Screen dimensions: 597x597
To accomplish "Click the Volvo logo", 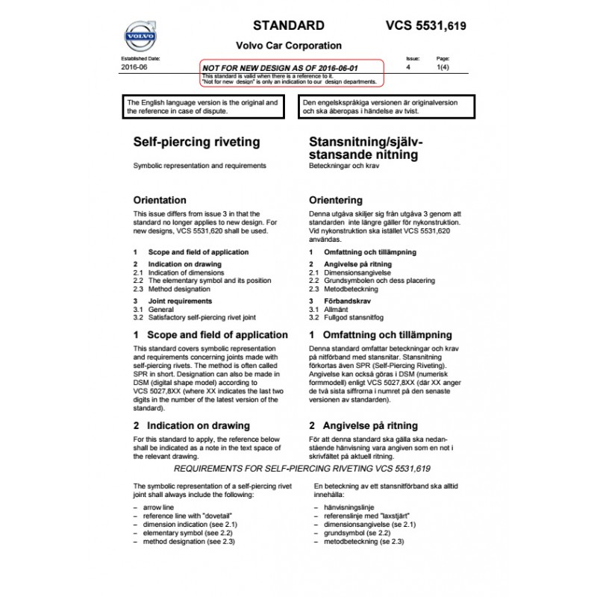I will (140, 36).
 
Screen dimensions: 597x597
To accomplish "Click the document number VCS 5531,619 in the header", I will (425, 25).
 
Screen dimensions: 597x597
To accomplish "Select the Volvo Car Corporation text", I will (288, 46).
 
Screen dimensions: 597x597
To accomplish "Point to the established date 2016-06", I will (134, 67).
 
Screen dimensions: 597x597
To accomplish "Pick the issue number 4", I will (408, 67).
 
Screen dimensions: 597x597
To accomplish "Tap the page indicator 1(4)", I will (443, 67).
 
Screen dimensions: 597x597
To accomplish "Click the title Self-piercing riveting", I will (196, 141).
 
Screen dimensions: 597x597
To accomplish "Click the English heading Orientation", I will (160, 200).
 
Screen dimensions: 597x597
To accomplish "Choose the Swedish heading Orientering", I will (336, 200).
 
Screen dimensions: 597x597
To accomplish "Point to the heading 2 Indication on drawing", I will (191, 425).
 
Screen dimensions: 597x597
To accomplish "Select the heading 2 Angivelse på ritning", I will (363, 425).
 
